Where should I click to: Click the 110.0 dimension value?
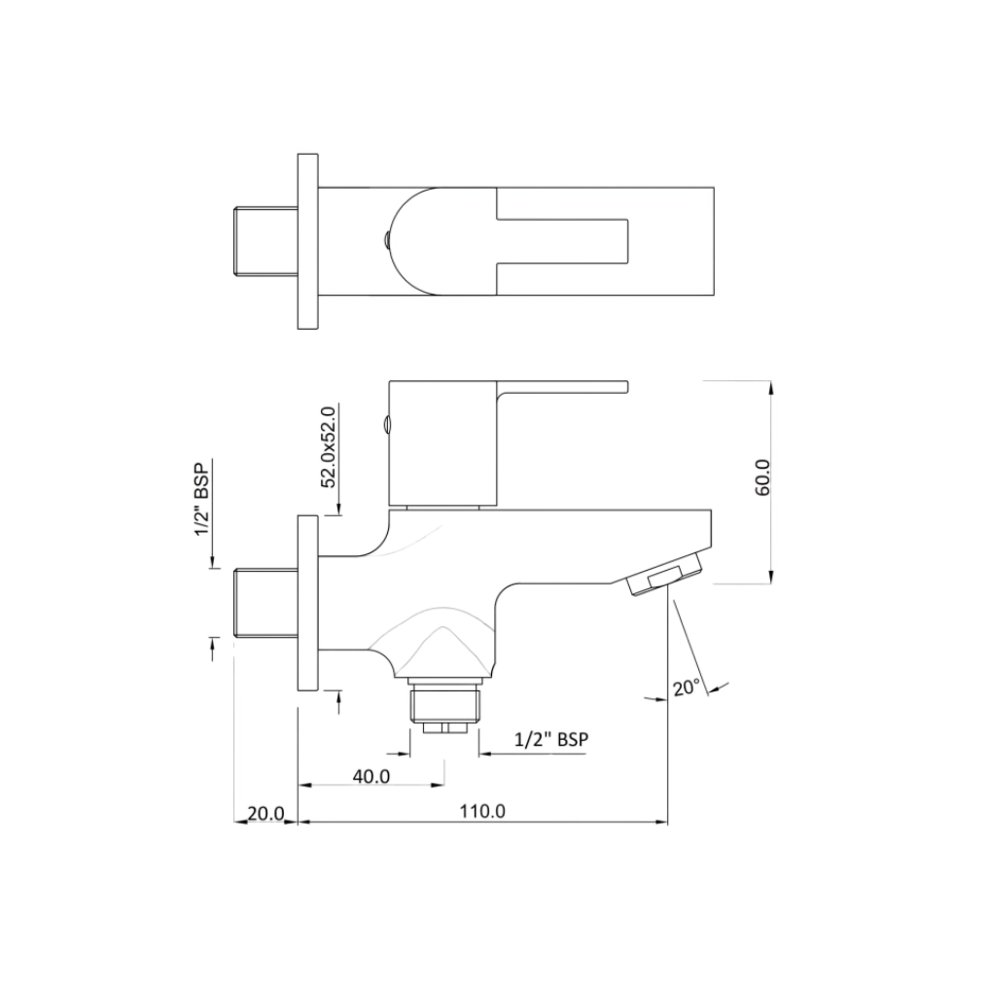[482, 811]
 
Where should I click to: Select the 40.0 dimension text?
[371, 776]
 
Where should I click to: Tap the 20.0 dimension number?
[265, 814]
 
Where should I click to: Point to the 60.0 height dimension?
[762, 477]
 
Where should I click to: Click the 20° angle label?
[687, 687]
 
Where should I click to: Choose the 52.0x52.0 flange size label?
[329, 447]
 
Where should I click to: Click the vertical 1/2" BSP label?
[202, 499]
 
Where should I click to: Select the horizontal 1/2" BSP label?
[551, 739]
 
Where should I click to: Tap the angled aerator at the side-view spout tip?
[664, 574]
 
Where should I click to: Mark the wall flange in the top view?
[307, 241]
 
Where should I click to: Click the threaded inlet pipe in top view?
[265, 241]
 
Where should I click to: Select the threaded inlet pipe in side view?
[265, 603]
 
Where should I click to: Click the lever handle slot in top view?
[562, 241]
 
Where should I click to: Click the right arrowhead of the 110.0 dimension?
[660, 822]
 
